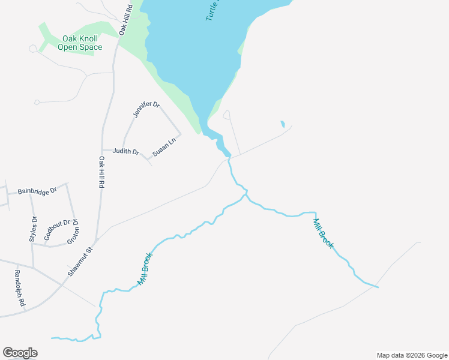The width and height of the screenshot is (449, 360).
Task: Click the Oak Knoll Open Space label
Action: pyautogui.click(x=80, y=43)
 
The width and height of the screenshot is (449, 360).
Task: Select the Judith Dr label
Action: pyautogui.click(x=125, y=152)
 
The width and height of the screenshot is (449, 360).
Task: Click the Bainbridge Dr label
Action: pyautogui.click(x=37, y=191)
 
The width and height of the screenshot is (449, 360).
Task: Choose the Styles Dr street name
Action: pyautogui.click(x=33, y=229)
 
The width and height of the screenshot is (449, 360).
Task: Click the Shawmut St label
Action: pyautogui.click(x=81, y=262)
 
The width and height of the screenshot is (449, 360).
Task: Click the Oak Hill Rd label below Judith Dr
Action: pyautogui.click(x=101, y=173)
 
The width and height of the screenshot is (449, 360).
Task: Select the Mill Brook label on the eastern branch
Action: pyautogui.click(x=323, y=233)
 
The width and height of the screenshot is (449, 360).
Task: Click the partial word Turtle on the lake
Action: pyautogui.click(x=214, y=10)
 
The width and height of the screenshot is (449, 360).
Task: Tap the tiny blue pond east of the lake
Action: pyautogui.click(x=282, y=124)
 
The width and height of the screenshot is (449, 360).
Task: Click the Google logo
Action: pyautogui.click(x=20, y=353)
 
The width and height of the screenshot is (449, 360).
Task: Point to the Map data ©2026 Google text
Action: pyautogui.click(x=412, y=355)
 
